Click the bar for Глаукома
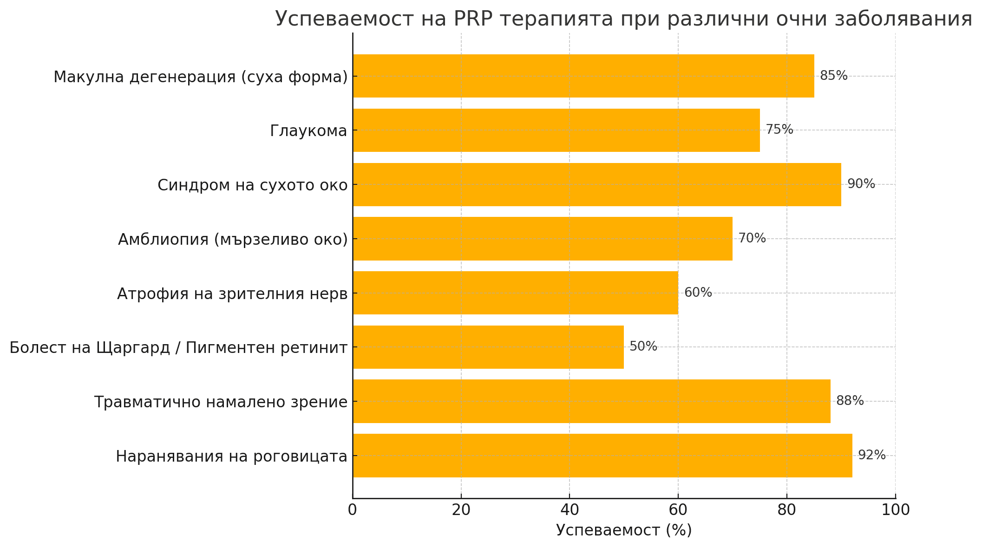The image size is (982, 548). tap(556, 130)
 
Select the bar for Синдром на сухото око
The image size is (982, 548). tap(596, 184)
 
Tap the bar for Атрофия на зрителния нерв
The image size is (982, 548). tap(515, 293)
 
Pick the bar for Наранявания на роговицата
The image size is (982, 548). tap(602, 455)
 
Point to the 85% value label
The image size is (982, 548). tap(833, 76)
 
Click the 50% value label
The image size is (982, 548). tap(643, 346)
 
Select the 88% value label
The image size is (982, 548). tap(850, 401)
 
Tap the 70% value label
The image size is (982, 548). tap(752, 238)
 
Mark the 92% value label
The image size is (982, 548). tap(871, 455)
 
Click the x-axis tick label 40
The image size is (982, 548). tap(570, 510)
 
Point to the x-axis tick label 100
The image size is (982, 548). tap(895, 510)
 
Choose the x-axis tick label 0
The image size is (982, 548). tap(353, 510)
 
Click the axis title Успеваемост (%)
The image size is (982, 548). tap(624, 530)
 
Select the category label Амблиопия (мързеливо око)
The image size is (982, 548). tap(233, 239)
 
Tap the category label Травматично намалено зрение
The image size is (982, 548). tap(221, 402)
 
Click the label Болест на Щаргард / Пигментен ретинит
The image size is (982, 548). tap(178, 347)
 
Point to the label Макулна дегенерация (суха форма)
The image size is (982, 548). tap(201, 77)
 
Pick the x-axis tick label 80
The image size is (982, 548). tap(786, 510)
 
